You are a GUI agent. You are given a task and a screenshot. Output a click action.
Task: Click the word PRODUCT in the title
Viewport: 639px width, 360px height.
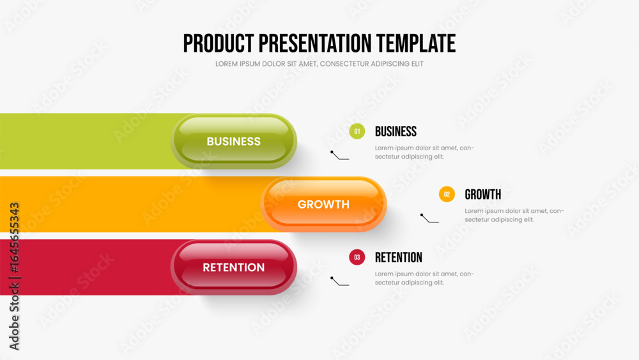[x=219, y=43]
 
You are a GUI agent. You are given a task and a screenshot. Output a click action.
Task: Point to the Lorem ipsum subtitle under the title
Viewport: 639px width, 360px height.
[x=319, y=64]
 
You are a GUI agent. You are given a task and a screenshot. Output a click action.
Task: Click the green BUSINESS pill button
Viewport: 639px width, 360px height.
[x=233, y=141]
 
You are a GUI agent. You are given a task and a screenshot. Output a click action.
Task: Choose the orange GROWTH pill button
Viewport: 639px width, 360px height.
[x=323, y=204]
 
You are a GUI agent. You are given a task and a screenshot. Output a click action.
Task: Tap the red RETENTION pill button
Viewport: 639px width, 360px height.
[x=233, y=267]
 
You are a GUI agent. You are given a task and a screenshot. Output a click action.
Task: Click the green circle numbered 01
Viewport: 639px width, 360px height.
[x=357, y=131]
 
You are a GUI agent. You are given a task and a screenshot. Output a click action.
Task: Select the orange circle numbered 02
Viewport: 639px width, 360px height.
[x=447, y=194]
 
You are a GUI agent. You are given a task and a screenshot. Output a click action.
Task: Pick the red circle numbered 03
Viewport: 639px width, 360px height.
[x=357, y=257]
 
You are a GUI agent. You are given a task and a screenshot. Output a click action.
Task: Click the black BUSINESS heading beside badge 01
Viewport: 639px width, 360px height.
[x=396, y=132]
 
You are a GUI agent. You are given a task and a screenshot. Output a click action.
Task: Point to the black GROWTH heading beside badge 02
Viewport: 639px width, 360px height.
[x=483, y=194]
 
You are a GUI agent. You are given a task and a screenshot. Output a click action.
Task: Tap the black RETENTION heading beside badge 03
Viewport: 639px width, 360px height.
[x=399, y=258]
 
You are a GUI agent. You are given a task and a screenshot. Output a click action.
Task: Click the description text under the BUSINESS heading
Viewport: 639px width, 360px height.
[x=424, y=152]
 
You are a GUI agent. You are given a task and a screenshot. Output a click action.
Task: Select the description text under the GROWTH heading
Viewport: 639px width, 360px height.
[x=514, y=215]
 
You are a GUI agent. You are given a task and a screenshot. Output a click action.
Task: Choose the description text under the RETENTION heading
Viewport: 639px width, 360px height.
[x=424, y=278]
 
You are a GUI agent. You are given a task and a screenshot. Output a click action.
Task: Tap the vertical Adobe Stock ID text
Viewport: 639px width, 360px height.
[x=14, y=276]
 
